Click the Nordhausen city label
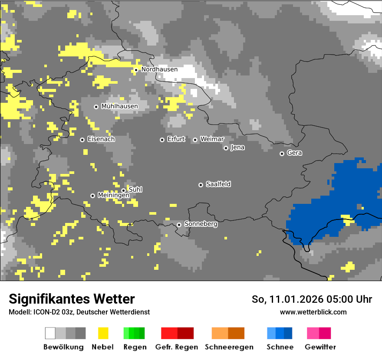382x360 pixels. coord(159,69)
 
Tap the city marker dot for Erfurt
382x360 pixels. coord(162,140)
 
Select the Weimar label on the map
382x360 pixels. coord(212,139)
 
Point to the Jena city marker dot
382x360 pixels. coord(226,148)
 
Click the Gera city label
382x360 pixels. coord(294,153)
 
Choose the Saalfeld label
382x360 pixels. coord(218,184)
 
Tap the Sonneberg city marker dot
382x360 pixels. coord(179,225)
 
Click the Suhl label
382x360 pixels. coord(135,190)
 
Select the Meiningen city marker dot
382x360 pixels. coord(92,196)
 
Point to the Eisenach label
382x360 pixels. coord(101,139)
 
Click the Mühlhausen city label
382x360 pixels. coord(119,106)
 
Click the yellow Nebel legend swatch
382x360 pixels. coord(103,333)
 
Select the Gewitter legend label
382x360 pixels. coord(320,347)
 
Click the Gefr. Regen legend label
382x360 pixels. coord(177,347)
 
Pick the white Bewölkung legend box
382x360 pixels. coord(50,333)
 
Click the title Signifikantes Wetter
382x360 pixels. coord(72,299)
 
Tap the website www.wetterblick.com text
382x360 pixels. coord(313,312)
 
